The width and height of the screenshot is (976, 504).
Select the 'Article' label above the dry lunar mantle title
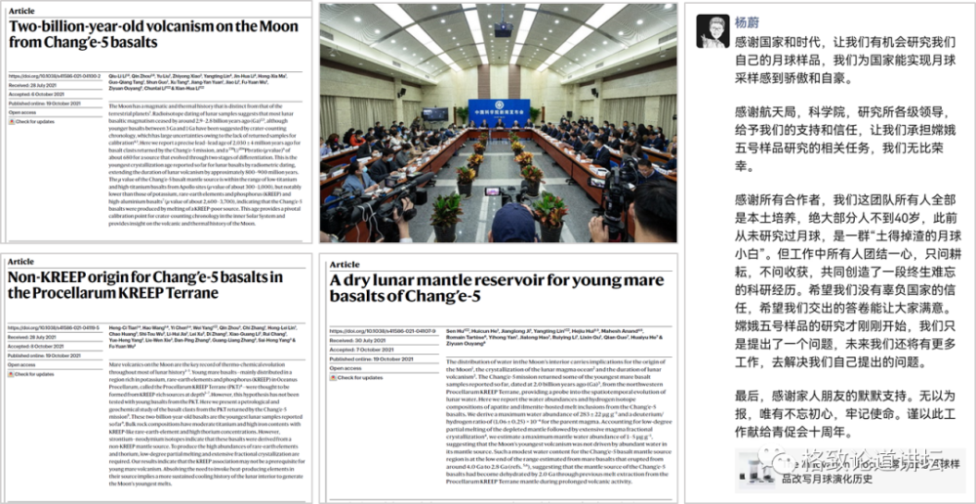(x=345, y=266)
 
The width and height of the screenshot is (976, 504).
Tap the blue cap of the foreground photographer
(x=517, y=211)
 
